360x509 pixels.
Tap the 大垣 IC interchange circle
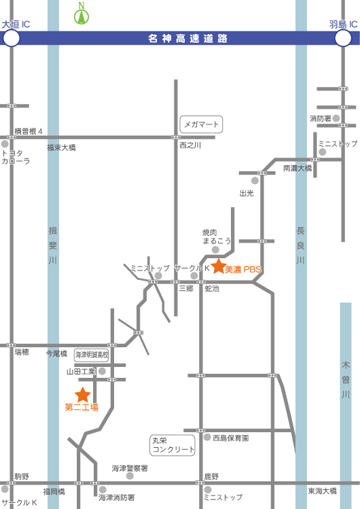(x=11, y=38)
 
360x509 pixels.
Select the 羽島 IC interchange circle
(x=343, y=38)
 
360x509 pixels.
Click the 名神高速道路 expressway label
(x=187, y=39)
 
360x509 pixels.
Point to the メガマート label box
(x=202, y=124)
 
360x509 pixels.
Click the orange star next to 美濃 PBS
(x=219, y=266)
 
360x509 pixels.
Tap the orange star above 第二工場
(x=82, y=395)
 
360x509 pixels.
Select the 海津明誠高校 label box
(x=92, y=355)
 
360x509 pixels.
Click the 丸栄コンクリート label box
(x=173, y=445)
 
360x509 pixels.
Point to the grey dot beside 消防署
(x=336, y=118)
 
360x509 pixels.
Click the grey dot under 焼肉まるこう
(x=215, y=249)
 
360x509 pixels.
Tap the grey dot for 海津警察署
(x=130, y=476)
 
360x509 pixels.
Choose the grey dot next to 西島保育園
(x=207, y=437)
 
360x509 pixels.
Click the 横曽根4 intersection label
(x=29, y=131)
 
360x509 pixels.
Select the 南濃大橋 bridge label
(x=298, y=168)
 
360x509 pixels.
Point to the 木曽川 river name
(x=346, y=380)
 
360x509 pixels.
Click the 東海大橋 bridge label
(x=323, y=491)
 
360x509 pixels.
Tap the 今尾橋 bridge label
(x=56, y=353)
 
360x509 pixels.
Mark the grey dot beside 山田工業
(x=102, y=371)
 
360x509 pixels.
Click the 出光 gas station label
(x=247, y=194)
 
